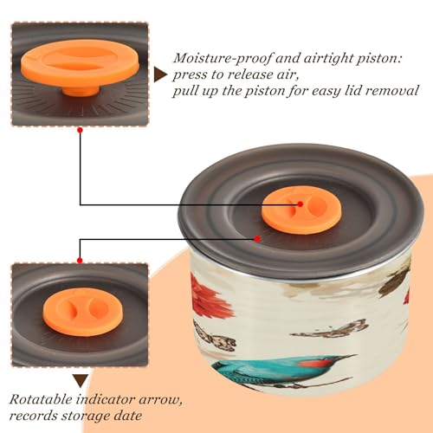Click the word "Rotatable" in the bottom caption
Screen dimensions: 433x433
(x=41, y=399)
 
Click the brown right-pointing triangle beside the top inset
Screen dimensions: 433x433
(x=160, y=74)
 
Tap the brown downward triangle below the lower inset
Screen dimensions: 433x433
(x=81, y=381)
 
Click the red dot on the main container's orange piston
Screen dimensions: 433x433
(x=301, y=204)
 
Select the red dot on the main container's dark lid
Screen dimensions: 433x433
(x=257, y=239)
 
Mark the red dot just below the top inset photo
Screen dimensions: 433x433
(x=81, y=130)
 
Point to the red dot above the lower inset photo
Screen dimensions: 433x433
(x=80, y=261)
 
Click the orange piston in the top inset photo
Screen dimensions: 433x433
(x=80, y=67)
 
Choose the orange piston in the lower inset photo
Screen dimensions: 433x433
(x=83, y=312)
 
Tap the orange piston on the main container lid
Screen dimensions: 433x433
(x=301, y=211)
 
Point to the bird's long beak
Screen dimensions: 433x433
(x=345, y=358)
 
